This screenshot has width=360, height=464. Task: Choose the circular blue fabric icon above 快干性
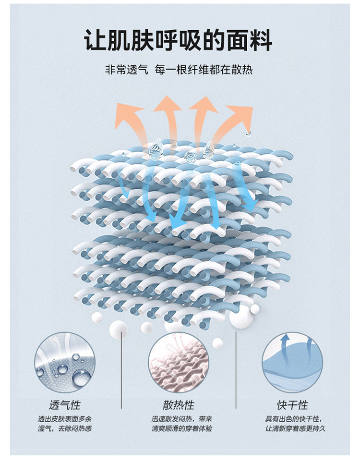click(292, 361)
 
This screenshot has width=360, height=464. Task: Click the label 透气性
click(64, 404)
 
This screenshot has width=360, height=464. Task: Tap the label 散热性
click(179, 404)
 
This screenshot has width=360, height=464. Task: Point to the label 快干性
click(292, 404)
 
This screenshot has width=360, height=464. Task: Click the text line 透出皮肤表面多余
click(64, 419)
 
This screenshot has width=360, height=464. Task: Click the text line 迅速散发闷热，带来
click(179, 419)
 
